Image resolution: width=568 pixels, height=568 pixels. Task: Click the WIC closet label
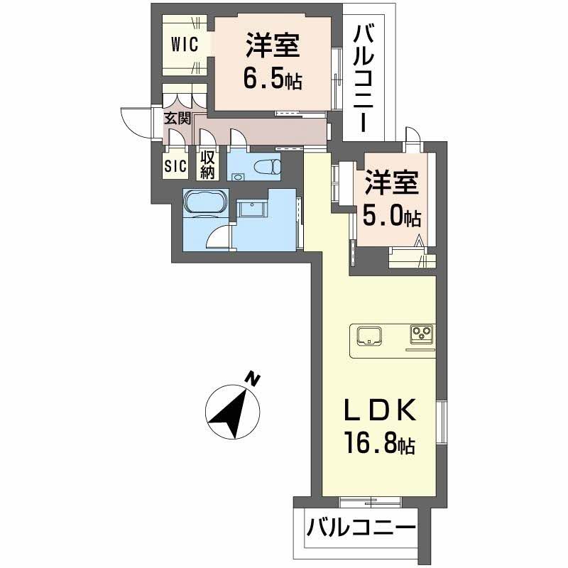click(183, 44)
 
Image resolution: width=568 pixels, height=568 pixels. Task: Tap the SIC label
click(175, 166)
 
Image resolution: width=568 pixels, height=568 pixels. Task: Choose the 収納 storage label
click(207, 164)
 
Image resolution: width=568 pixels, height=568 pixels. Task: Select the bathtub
click(206, 202)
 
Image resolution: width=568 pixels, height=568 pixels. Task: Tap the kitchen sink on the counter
click(370, 334)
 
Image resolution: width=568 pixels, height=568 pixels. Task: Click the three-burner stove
click(421, 334)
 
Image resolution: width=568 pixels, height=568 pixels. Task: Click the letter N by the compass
click(251, 378)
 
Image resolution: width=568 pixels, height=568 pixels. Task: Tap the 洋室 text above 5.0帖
click(391, 182)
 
